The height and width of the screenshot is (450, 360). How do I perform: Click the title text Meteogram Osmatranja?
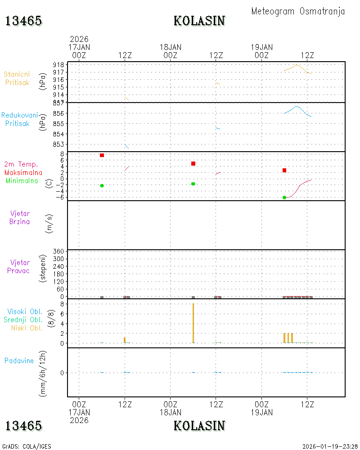click(298, 12)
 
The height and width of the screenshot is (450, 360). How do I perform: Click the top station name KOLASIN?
click(199, 21)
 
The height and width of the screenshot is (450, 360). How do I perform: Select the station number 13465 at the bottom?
click(23, 426)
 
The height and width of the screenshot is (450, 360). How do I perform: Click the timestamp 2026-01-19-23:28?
click(330, 446)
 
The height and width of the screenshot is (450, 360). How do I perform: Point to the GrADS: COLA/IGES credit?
click(27, 446)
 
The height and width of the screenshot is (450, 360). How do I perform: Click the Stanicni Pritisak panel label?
click(17, 78)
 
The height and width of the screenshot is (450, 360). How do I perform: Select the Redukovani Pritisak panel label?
click(19, 119)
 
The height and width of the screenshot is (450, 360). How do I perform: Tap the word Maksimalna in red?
click(23, 172)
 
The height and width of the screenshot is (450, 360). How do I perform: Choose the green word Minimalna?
click(22, 181)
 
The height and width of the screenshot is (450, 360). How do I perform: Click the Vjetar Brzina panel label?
click(19, 217)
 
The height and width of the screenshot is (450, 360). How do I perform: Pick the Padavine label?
click(19, 361)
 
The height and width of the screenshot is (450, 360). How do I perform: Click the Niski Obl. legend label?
click(27, 328)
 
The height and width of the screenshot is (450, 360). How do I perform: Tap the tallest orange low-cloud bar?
click(193, 323)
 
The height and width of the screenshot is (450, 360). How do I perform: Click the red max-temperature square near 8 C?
click(102, 155)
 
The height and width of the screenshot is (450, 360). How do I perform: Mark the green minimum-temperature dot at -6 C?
click(284, 198)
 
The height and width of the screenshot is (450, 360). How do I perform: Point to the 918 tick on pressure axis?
click(58, 65)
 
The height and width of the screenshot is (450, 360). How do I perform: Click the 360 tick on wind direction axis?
click(58, 252)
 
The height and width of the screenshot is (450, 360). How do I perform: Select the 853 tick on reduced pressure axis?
click(58, 144)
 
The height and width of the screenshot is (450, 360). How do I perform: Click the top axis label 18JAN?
click(171, 47)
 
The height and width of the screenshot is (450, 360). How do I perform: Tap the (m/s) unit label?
click(49, 224)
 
